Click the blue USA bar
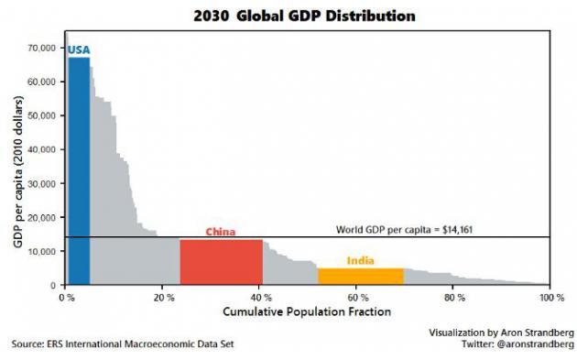pyautogui.click(x=78, y=174)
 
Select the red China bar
pyautogui.click(x=221, y=262)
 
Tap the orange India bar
pyautogui.click(x=360, y=277)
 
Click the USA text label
pyautogui.click(x=79, y=50)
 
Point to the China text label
pyautogui.click(x=220, y=232)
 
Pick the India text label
pyautogui.click(x=361, y=261)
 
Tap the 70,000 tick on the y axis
pyautogui.click(x=43, y=48)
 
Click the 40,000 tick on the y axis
pyautogui.click(x=43, y=149)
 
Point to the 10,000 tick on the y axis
pyautogui.click(x=43, y=251)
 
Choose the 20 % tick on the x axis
pyautogui.click(x=163, y=299)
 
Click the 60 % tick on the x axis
pyautogui.click(x=357, y=299)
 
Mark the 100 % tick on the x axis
pyautogui.click(x=550, y=299)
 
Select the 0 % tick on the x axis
pyautogui.click(x=66, y=299)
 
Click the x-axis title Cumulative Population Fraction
pyautogui.click(x=307, y=312)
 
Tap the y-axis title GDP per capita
pyautogui.click(x=17, y=167)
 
